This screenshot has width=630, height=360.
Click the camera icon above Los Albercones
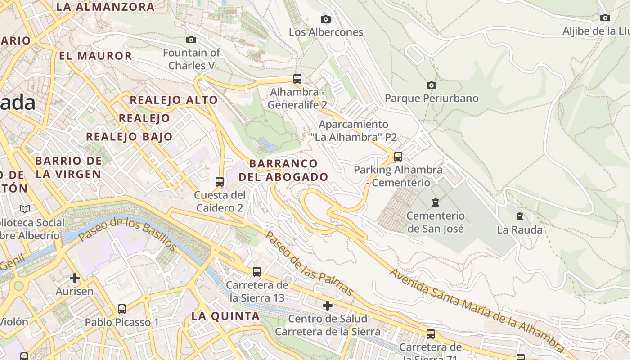point(326,19)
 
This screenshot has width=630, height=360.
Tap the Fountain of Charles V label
point(191,59)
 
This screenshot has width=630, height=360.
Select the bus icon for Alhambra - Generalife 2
point(297,79)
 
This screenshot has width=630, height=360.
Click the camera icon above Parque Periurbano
point(431,85)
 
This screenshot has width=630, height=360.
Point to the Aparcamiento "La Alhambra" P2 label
point(353,130)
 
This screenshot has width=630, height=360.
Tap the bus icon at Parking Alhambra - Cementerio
point(398,157)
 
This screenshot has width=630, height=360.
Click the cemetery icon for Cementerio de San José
point(435,202)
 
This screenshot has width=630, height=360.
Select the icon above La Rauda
point(520,216)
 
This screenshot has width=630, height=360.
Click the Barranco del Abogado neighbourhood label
point(283,170)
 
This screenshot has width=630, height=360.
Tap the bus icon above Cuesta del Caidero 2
point(220,182)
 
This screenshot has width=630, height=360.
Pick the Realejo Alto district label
point(174,100)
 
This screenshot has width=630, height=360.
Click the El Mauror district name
point(95,56)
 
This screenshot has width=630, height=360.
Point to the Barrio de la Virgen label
point(68,167)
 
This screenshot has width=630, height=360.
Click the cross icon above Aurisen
point(75,278)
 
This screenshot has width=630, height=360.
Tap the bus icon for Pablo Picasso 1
point(122,309)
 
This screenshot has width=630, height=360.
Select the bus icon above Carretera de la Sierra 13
point(256,272)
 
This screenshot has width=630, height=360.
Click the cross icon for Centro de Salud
point(328,306)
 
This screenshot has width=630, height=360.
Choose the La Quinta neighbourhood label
point(225,316)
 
